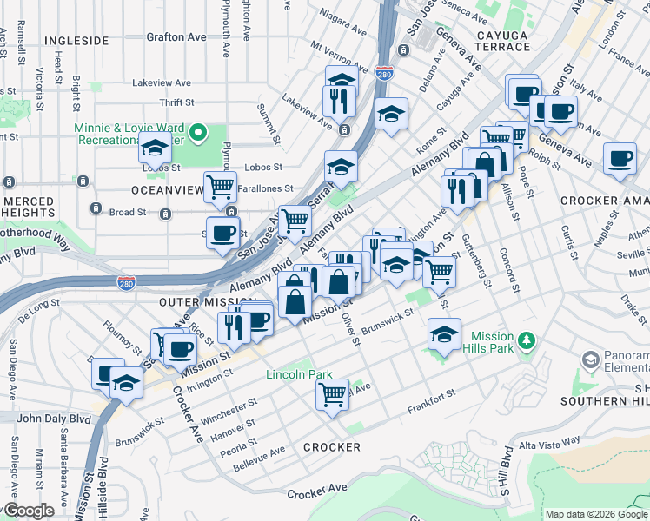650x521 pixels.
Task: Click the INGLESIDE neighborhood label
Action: coord(76,41)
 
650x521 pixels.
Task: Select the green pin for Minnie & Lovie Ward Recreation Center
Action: coord(198,133)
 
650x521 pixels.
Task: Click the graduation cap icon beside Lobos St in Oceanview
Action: coord(155,148)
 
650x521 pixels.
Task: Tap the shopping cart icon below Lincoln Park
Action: coord(332,393)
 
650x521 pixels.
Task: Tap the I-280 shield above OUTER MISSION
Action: coord(126,283)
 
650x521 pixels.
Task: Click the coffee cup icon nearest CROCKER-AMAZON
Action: coord(620,159)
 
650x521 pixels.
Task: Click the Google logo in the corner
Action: coord(28,511)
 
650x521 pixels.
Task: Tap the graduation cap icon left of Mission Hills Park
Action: coord(443,334)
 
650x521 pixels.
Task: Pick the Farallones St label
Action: coord(266,188)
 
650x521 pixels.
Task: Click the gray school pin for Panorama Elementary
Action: coord(591,359)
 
